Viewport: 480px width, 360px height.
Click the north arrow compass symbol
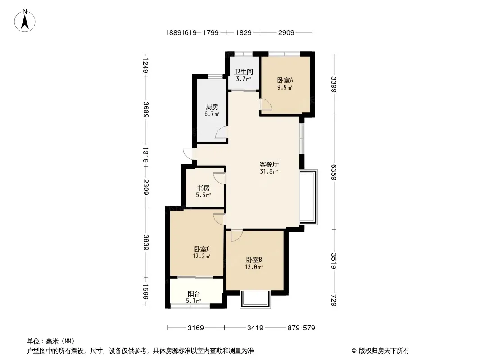(25, 21)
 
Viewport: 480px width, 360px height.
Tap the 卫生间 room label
(244, 72)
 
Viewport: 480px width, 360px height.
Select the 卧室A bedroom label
(285, 80)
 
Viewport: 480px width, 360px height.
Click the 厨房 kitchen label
(212, 107)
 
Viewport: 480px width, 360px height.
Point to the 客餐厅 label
(269, 164)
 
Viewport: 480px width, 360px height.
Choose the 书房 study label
(203, 188)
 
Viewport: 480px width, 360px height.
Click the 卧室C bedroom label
(201, 249)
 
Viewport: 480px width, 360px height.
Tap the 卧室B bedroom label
(254, 260)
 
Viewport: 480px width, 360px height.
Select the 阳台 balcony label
(194, 294)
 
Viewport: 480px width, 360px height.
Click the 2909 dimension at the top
(286, 32)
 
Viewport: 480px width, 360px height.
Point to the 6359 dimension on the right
(334, 172)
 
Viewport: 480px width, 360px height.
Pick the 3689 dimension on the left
(146, 109)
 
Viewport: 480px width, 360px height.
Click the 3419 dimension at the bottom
(255, 328)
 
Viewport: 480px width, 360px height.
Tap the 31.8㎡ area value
(269, 171)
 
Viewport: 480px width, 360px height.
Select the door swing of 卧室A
(265, 104)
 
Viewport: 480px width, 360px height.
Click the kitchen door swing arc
(222, 132)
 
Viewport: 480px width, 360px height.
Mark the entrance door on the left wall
(189, 153)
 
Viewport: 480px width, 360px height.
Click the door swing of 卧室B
(237, 235)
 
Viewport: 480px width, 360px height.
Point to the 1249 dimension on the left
(146, 66)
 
